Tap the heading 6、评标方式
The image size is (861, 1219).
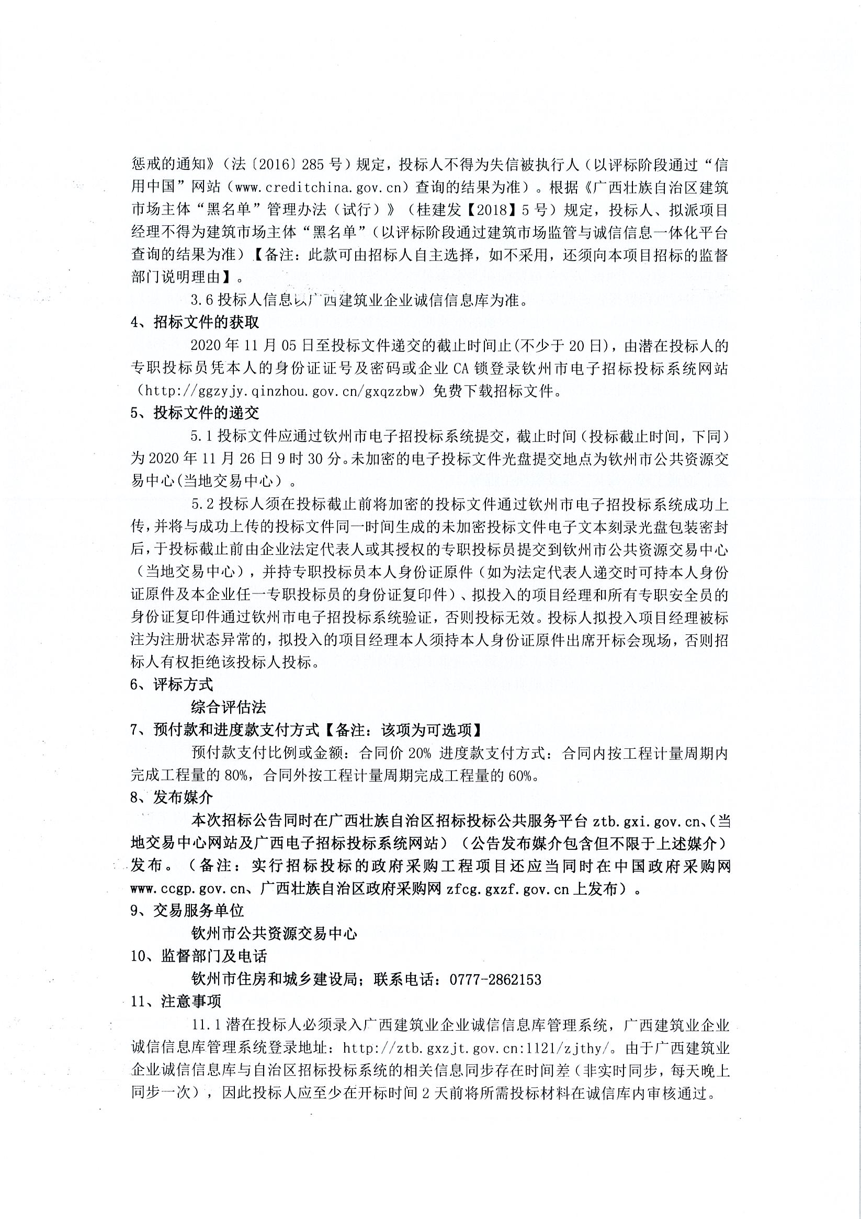pos(172,685)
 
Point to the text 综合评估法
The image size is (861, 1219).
pos(229,707)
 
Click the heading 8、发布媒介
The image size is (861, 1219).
pos(172,798)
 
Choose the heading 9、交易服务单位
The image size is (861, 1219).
pos(187,910)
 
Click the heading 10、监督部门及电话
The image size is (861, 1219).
pos(199,956)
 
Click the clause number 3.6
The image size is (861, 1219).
pos(201,301)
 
